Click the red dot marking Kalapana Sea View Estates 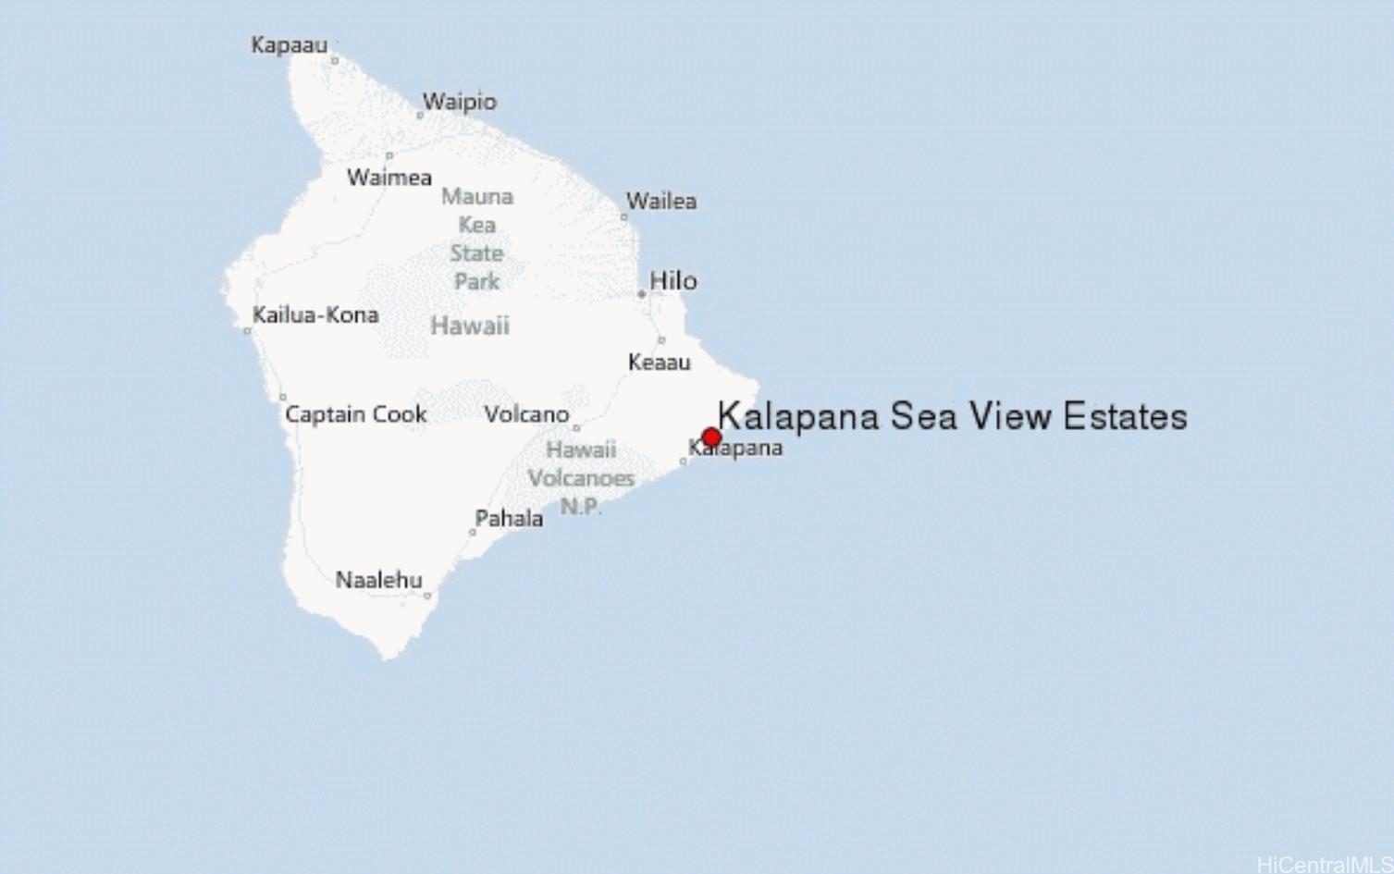(711, 437)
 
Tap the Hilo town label (673, 280)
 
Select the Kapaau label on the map (289, 44)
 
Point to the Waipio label (460, 102)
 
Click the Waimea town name (389, 178)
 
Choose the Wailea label (661, 201)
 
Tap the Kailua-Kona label (315, 314)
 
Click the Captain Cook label (356, 414)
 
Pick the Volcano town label (526, 414)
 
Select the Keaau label (659, 363)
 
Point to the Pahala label (509, 519)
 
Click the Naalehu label (378, 580)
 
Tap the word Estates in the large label (1125, 416)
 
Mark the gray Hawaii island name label (470, 326)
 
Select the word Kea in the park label (477, 225)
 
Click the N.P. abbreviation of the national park (581, 507)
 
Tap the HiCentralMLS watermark (1325, 864)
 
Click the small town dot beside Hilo (641, 294)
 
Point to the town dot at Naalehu (427, 596)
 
